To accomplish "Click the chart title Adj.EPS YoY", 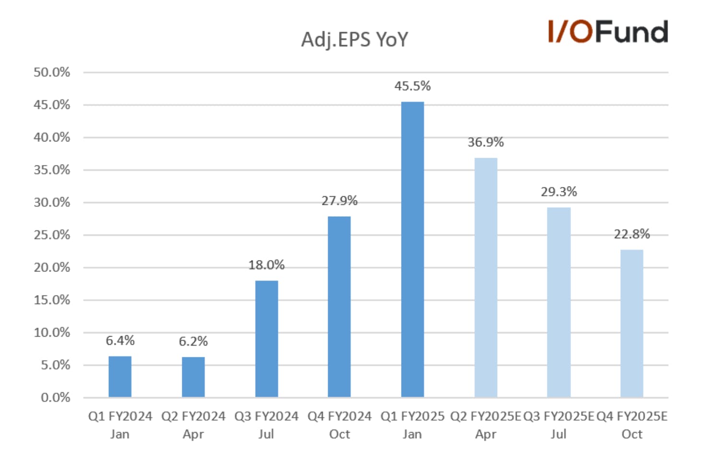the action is point(355,40).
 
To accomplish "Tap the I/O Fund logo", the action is point(608,31).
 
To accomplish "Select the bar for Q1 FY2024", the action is point(120,376).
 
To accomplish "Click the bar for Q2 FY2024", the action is point(193,377).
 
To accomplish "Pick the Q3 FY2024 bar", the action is point(267,339).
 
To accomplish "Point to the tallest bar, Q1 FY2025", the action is point(413,249).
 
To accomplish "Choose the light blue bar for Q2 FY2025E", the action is point(485,278).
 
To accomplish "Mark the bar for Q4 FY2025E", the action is point(632,324).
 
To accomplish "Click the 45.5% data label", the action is point(413,86).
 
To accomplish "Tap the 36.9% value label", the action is point(485,142).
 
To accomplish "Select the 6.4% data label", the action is point(120,341).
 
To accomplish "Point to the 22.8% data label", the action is point(632,234).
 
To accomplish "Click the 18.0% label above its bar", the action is point(266,265).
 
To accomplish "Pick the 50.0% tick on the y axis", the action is point(52,72).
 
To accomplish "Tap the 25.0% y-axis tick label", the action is point(52,235).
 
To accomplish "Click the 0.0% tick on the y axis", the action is point(56,398).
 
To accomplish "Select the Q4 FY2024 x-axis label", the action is point(340,425).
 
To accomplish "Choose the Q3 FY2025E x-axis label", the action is point(558,425).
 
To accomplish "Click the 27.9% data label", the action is point(340,201).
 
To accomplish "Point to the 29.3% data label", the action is point(559,192).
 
